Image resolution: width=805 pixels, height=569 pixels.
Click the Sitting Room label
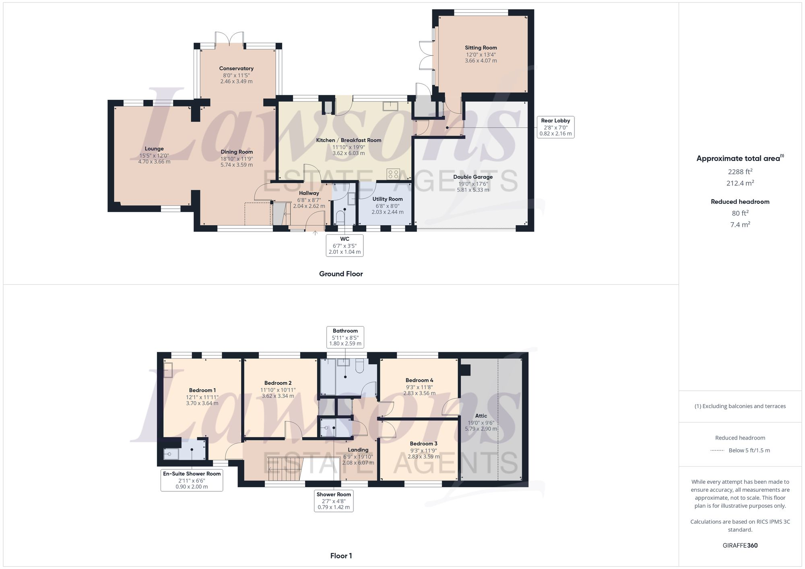pos(481,48)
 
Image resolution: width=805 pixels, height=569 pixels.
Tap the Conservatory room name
pos(236,68)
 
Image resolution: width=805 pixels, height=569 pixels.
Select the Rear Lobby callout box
pos(555,127)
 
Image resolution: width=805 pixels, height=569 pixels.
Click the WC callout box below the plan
pos(345,245)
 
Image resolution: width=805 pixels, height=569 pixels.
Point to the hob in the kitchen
pos(393,174)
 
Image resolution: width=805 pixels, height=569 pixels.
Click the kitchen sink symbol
pos(390,106)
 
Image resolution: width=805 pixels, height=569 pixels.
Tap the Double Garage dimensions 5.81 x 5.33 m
pos(473,190)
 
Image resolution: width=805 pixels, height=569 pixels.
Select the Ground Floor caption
pos(341,274)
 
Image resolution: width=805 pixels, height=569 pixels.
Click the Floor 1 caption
pos(341,556)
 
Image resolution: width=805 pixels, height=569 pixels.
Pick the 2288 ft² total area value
pos(740,172)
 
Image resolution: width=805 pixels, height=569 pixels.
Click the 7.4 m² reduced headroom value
pos(740,225)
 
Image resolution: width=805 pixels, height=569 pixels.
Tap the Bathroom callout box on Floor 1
pos(345,337)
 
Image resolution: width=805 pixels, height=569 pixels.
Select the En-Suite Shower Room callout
pos(192,480)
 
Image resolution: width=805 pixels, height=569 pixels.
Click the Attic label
pos(481,416)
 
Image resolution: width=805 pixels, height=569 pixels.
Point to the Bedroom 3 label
pos(423,444)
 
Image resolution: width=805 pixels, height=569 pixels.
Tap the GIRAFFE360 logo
pos(740,545)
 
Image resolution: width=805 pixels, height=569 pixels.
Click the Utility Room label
pos(387,199)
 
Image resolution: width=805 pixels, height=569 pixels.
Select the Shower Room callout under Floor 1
pos(333,501)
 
